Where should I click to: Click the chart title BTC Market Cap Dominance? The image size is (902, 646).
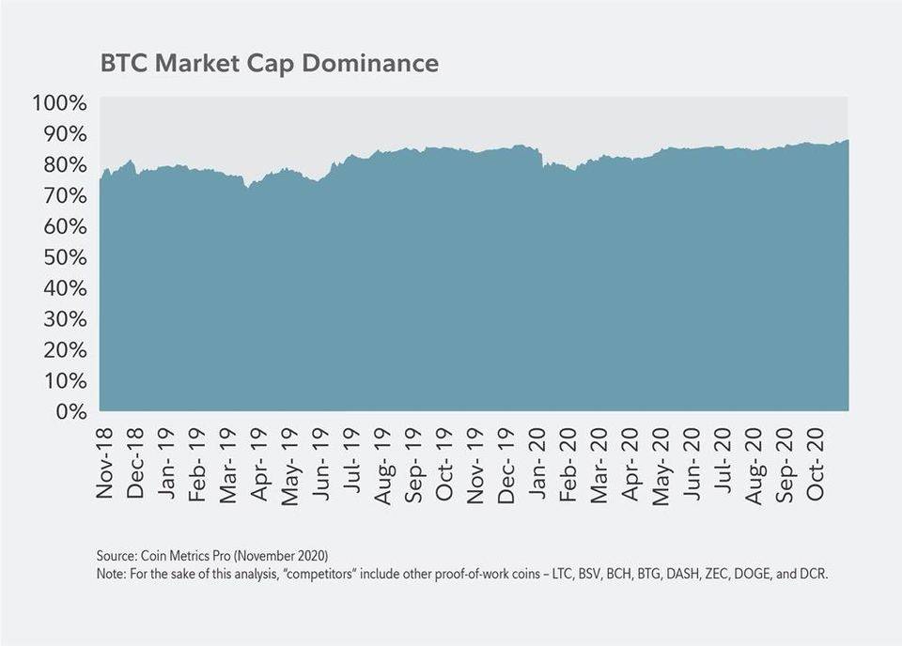[x=269, y=63]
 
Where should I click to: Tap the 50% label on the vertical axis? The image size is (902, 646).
[x=64, y=257]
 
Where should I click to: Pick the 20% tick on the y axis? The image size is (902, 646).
[x=64, y=349]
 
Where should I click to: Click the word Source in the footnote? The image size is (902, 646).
[x=115, y=555]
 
